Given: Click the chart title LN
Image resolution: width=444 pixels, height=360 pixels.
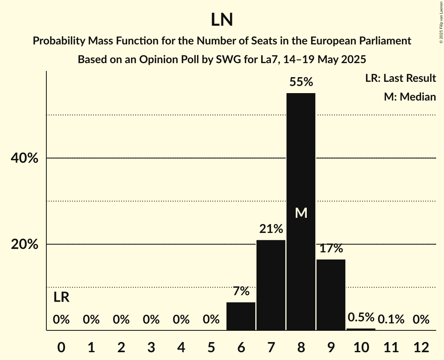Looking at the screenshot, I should (x=222, y=20).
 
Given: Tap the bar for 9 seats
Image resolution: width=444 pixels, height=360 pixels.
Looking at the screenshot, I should (x=331, y=295).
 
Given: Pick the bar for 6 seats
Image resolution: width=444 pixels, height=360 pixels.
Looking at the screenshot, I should (x=241, y=316).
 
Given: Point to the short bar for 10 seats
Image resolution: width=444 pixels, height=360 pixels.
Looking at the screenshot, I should (x=361, y=329).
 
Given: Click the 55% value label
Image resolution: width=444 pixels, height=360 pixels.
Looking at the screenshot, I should (x=301, y=82).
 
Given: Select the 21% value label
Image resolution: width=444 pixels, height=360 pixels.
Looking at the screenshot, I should (x=271, y=229).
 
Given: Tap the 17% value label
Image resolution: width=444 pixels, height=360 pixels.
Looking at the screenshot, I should (x=331, y=248).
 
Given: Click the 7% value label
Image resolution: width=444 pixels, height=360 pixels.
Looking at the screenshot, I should (x=241, y=291).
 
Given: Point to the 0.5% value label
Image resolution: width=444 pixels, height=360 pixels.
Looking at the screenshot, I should (x=361, y=317).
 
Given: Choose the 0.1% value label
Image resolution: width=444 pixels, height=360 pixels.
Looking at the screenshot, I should (x=391, y=319).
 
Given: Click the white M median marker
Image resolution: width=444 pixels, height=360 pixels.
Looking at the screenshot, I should (x=301, y=213).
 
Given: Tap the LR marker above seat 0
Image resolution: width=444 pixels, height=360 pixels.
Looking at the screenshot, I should (x=61, y=297).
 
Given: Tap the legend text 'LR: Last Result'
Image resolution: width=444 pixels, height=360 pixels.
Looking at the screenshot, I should (x=400, y=78).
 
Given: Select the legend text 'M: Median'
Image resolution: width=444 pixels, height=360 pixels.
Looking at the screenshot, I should (x=410, y=97).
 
